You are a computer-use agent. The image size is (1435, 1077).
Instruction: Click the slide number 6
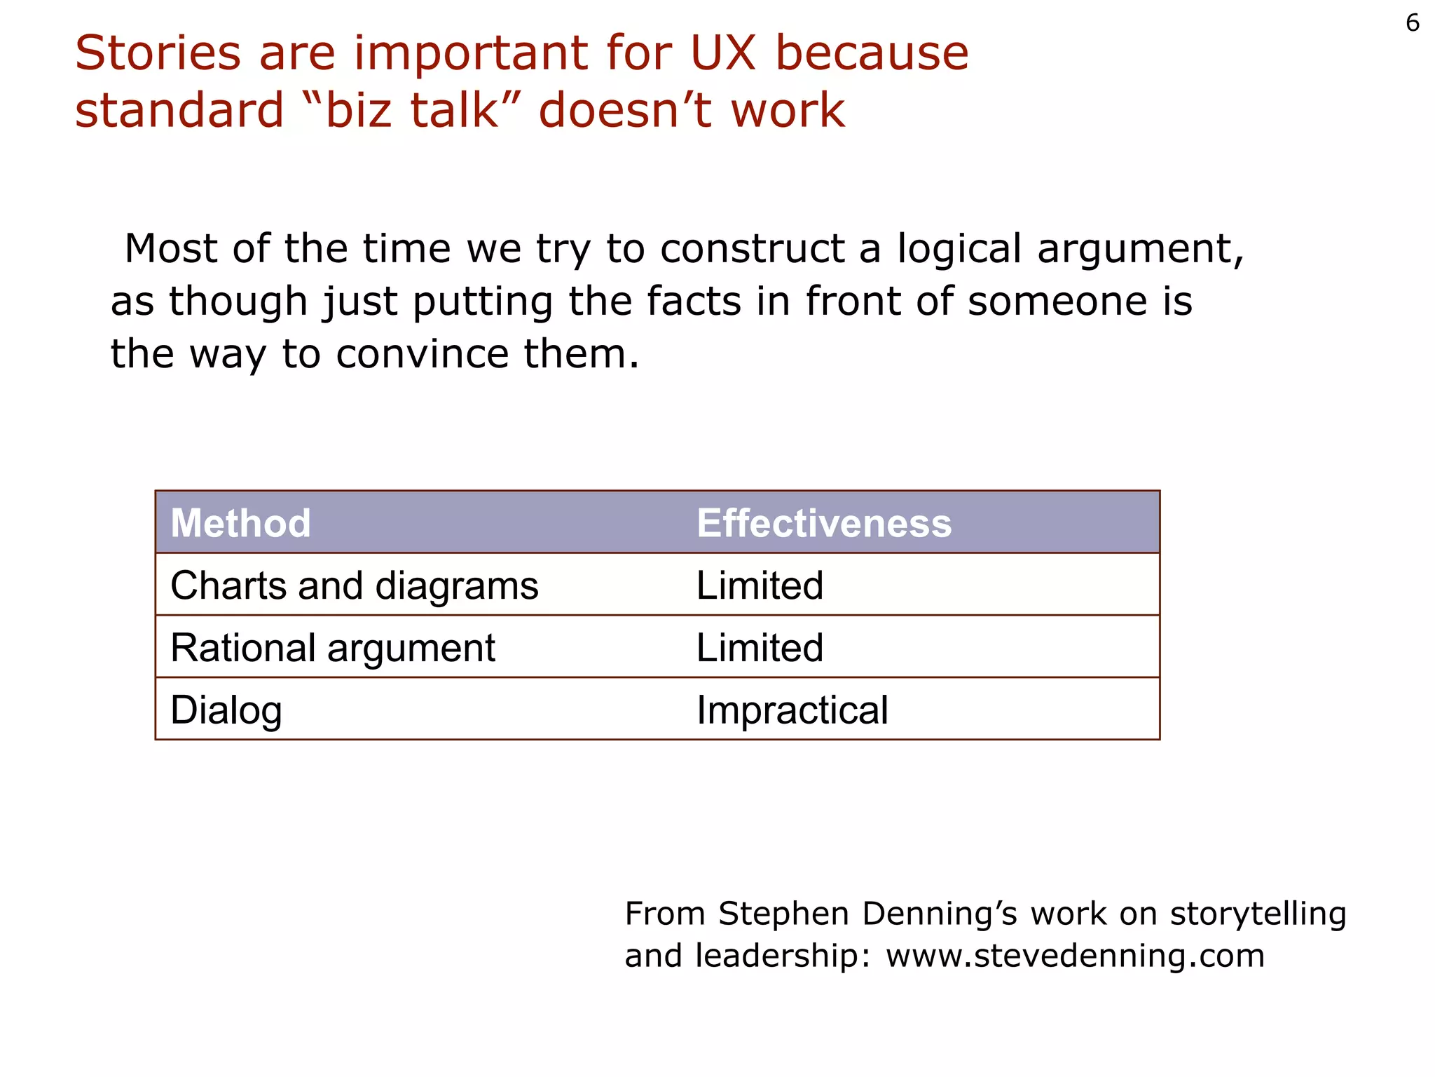[x=1412, y=24]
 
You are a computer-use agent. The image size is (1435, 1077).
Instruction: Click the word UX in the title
[x=723, y=53]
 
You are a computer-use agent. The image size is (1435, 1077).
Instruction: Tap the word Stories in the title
[x=158, y=53]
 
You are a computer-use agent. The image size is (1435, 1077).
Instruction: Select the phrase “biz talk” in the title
[x=413, y=111]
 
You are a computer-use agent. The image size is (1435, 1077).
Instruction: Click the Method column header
[x=240, y=523]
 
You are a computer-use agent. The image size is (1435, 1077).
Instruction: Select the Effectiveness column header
[x=824, y=523]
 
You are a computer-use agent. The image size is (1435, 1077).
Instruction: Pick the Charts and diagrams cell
[x=354, y=585]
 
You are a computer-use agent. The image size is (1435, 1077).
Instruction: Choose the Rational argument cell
[x=333, y=648]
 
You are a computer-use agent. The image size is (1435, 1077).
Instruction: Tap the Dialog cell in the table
[x=226, y=710]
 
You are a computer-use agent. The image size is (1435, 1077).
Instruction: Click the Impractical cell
[x=792, y=710]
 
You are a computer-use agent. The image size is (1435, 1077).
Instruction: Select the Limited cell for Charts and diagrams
[x=760, y=585]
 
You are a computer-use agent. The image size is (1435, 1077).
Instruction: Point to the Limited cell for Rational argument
[x=760, y=648]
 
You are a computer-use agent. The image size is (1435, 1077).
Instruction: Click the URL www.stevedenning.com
[x=1075, y=956]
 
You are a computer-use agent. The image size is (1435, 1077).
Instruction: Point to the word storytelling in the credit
[x=1258, y=914]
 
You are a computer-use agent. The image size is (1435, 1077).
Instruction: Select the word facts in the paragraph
[x=693, y=302]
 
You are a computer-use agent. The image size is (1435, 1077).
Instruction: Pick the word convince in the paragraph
[x=423, y=354]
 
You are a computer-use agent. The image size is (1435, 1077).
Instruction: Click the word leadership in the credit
[x=783, y=956]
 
